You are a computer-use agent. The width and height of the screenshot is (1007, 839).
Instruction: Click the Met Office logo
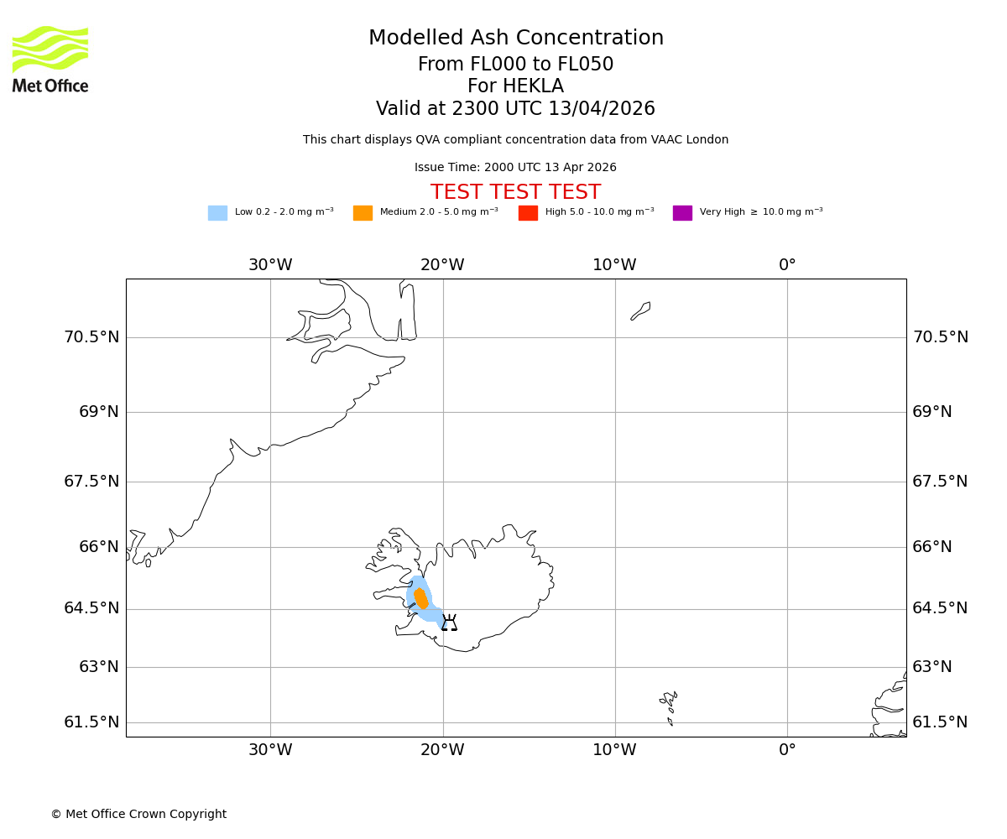[50, 60]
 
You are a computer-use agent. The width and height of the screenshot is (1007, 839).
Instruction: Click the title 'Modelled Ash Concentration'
[515, 39]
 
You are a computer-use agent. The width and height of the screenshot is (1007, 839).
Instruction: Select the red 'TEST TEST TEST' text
[515, 193]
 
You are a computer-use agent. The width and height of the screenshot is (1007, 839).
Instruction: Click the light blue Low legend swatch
[217, 213]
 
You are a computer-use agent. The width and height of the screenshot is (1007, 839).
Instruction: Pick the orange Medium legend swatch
[363, 213]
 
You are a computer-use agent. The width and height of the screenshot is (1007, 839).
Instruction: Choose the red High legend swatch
[528, 213]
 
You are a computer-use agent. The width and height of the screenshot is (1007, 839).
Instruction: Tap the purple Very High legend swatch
[682, 213]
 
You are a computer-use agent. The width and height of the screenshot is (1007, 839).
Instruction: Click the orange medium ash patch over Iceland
[421, 599]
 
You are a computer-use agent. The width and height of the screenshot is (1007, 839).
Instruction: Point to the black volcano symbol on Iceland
[449, 623]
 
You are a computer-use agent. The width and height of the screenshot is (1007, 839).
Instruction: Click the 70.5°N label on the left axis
[91, 337]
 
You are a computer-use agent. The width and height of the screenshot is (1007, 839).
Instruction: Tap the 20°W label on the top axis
[442, 265]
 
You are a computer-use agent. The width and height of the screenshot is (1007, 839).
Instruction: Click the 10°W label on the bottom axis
[614, 750]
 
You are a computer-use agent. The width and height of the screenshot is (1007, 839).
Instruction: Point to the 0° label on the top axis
[787, 265]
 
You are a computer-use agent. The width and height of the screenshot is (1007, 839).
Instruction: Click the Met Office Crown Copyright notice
[138, 814]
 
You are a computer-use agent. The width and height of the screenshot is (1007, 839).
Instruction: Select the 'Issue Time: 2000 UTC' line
[515, 168]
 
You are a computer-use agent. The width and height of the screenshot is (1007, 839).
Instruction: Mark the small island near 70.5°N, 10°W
[641, 310]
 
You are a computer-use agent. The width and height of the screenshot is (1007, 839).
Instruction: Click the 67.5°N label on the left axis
[91, 482]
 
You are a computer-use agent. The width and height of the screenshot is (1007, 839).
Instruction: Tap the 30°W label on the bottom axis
[270, 750]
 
